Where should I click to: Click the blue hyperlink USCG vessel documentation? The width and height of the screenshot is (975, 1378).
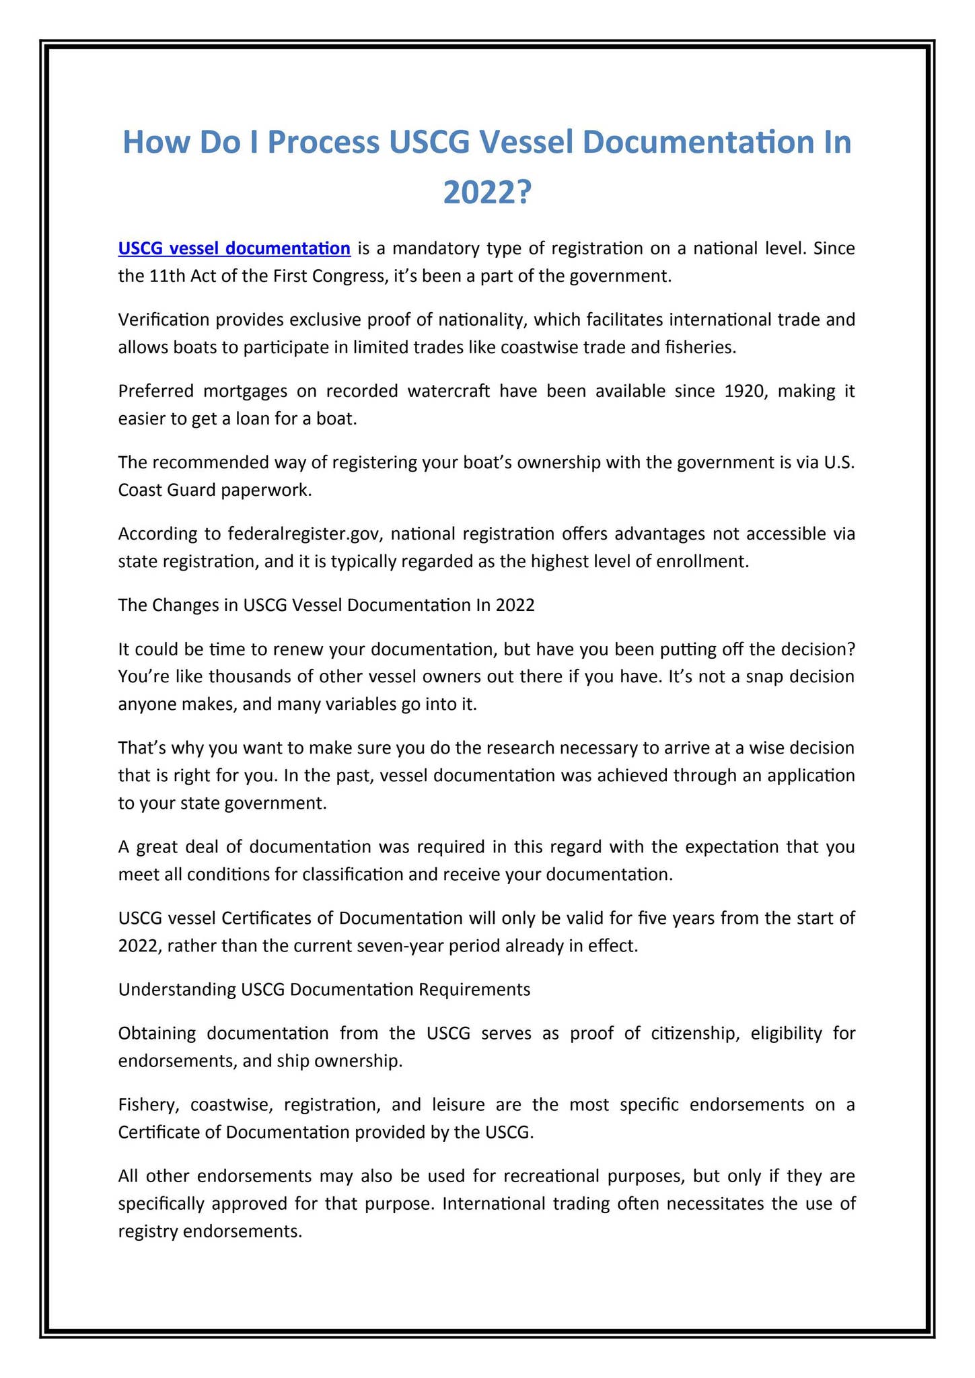pyautogui.click(x=233, y=249)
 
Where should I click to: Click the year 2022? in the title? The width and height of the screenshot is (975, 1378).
pyautogui.click(x=487, y=194)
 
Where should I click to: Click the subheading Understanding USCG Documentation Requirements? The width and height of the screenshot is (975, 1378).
pyautogui.click(x=324, y=990)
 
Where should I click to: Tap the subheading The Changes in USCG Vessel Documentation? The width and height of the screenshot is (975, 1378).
pyautogui.click(x=326, y=605)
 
